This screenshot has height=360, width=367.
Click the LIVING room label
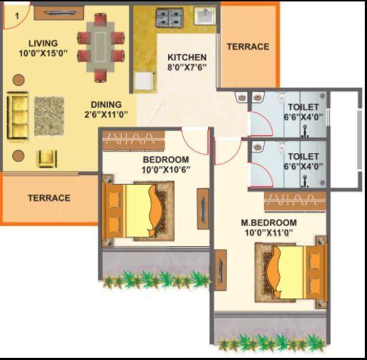pyautogui.click(x=39, y=43)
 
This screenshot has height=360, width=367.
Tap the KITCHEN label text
pyautogui.click(x=187, y=57)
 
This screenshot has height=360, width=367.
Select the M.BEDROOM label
pyautogui.click(x=268, y=223)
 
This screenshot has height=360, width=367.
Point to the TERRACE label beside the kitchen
pyautogui.click(x=248, y=47)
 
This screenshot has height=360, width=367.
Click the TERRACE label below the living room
pyautogui.click(x=49, y=198)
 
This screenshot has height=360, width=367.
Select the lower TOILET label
pyautogui.click(x=303, y=156)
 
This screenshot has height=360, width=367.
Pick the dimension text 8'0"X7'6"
pyautogui.click(x=187, y=68)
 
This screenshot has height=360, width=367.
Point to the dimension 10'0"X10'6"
pyautogui.click(x=165, y=170)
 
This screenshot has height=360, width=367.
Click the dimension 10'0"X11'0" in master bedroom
pyautogui.click(x=268, y=233)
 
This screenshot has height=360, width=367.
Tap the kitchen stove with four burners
pyautogui.click(x=167, y=17)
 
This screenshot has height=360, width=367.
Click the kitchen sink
pyautogui.click(x=203, y=16)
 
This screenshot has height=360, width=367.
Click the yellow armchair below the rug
pyautogui.click(x=48, y=157)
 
